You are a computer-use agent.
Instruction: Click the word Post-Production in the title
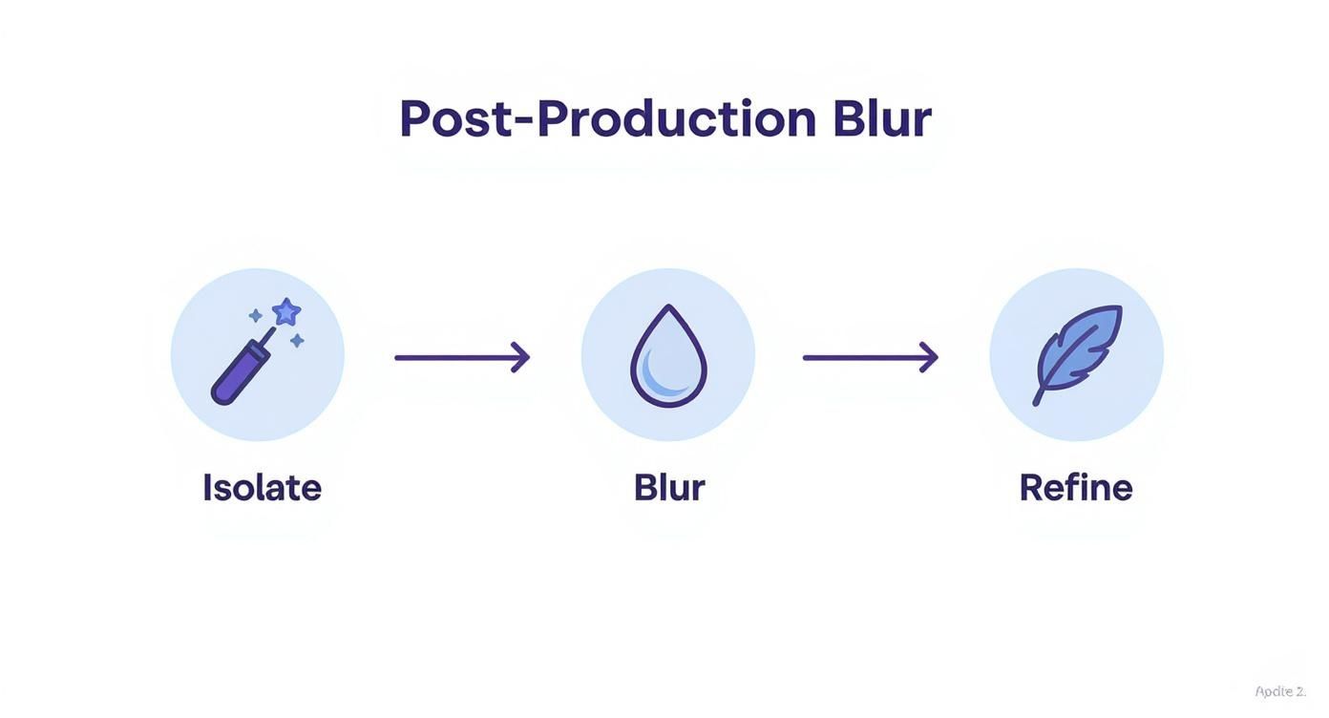607,119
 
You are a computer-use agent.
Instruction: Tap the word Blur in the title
881,119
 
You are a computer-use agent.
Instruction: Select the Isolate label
262,488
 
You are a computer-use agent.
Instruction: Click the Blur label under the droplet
669,488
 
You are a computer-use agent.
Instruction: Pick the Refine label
1076,488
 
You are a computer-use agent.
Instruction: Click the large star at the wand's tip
286,311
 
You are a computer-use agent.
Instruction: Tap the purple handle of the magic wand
239,373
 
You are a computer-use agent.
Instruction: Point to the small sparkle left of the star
255,315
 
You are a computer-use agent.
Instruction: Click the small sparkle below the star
297,341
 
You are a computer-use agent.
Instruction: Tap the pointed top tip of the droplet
669,308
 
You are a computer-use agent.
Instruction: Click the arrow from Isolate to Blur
461,357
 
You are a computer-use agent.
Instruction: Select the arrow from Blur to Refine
870,357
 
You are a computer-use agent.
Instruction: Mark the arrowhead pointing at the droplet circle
521,357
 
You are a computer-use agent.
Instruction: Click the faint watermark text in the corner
1280,691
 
